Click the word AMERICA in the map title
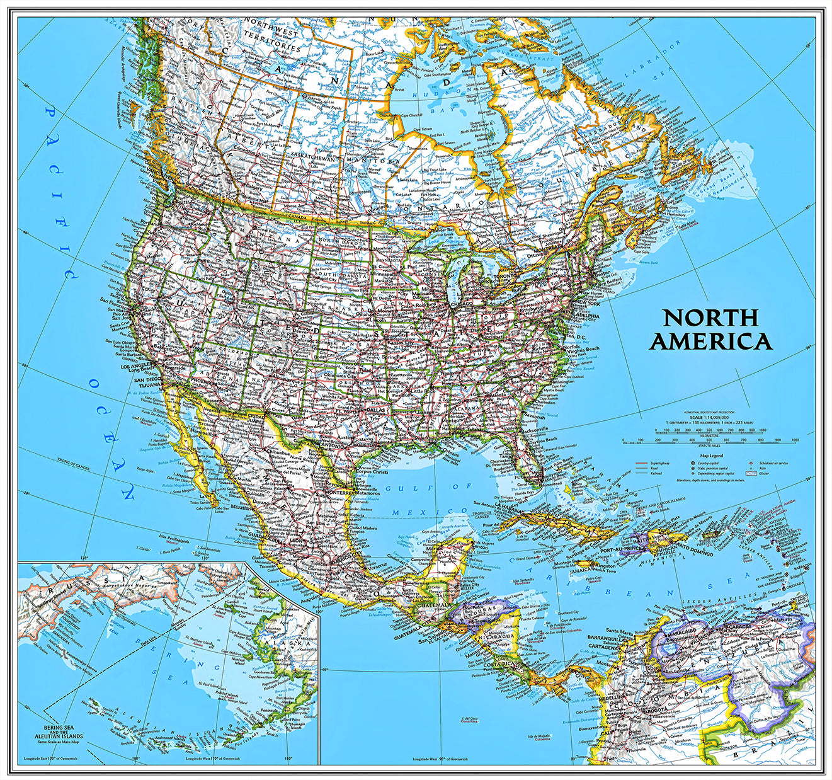pos(710,341)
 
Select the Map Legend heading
pos(711,456)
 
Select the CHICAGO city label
pos(462,305)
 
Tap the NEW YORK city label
pos(585,304)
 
